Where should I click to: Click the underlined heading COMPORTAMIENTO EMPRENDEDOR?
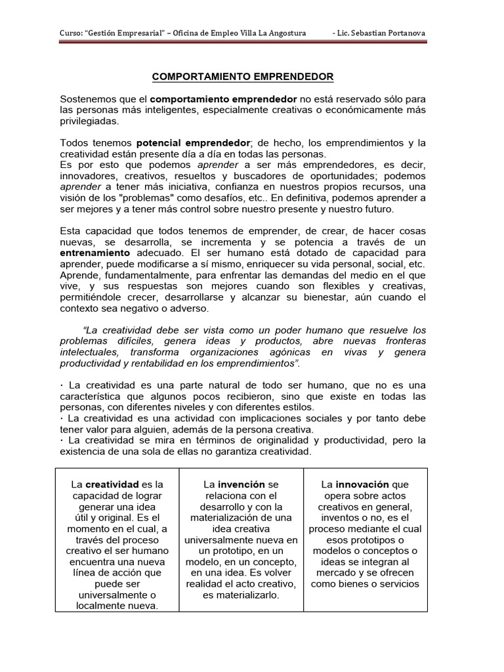click(243, 77)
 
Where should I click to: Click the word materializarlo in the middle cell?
click(241, 595)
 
